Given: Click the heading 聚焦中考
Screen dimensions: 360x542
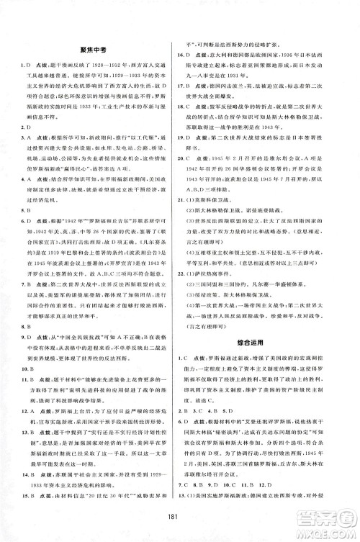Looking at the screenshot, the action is coord(91,53).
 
